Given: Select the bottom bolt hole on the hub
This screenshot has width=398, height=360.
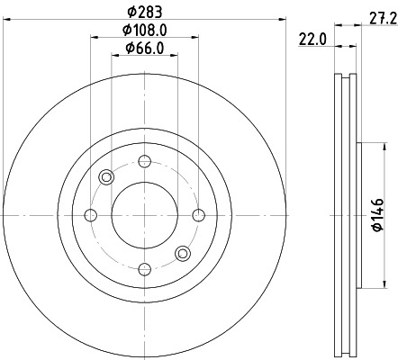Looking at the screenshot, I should (144, 267).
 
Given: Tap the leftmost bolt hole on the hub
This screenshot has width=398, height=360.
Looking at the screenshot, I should (91, 214).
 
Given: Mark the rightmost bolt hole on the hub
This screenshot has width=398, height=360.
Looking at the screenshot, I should (197, 214).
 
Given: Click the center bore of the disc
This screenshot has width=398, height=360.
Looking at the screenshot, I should (144, 214).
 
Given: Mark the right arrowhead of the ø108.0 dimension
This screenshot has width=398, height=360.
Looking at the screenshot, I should (194, 37).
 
